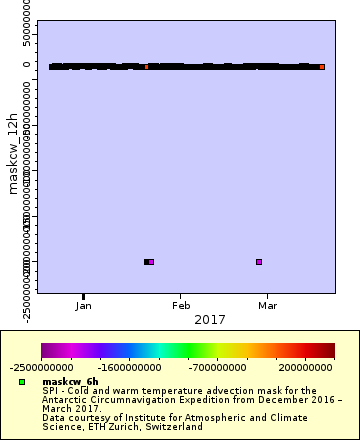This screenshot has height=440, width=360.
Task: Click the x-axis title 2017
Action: [x=181, y=319]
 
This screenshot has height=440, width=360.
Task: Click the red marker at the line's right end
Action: [x=322, y=67]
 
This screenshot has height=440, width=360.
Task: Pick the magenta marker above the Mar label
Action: [x=259, y=262]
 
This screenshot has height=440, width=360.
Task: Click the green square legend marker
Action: [x=21, y=382]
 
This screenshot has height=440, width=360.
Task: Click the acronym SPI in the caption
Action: [x=49, y=390]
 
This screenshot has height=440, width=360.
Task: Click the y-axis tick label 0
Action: [x=28, y=66]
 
